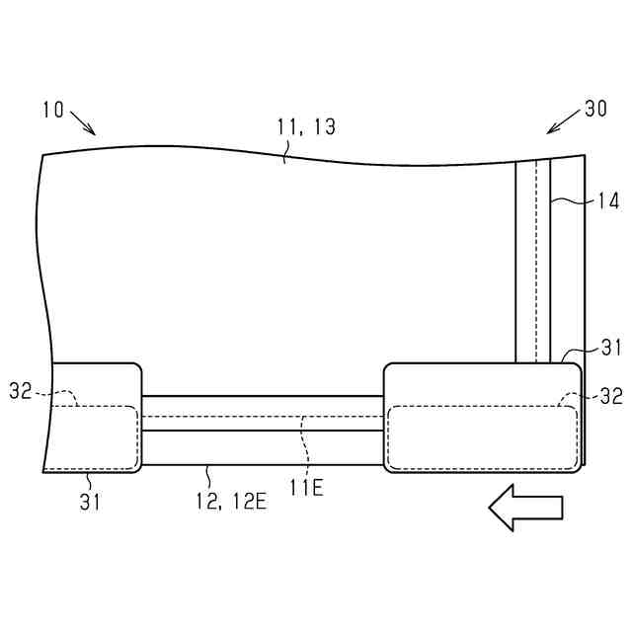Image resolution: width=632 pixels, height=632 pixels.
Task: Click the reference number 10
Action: coord(53,110)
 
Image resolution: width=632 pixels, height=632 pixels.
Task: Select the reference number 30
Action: coord(595,109)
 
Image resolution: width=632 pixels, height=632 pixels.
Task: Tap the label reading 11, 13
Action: coord(306,127)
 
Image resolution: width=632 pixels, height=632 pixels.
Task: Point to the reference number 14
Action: coord(608,201)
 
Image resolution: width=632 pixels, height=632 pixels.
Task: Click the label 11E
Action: coord(307,488)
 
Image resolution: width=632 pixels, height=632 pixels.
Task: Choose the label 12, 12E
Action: coord(232,502)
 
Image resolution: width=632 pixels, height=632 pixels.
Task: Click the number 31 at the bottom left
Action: coord(90,503)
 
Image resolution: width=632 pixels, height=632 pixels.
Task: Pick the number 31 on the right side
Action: coord(612,348)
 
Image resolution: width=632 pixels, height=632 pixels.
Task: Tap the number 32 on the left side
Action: coord(21,391)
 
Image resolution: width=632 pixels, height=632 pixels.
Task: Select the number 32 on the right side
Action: coord(611,396)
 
